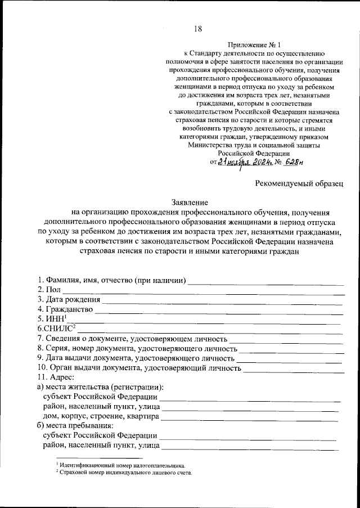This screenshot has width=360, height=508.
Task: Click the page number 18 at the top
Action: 197,29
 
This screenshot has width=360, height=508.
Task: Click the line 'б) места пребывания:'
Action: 75,425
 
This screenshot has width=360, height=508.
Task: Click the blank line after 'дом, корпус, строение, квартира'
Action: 250,418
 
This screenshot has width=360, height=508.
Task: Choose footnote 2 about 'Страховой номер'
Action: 124,473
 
